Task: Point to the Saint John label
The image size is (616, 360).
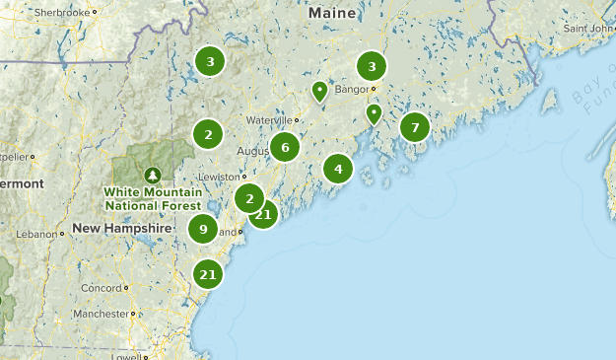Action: [587, 28]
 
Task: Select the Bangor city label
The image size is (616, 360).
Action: [350, 89]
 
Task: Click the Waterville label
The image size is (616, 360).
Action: [270, 119]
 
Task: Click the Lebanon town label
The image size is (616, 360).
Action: [35, 234]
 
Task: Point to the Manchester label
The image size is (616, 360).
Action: [101, 314]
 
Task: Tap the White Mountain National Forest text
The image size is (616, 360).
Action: [153, 197]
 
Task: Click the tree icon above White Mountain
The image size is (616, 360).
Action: [152, 175]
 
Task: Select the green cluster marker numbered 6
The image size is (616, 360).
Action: [285, 148]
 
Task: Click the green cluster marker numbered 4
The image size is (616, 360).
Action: [338, 169]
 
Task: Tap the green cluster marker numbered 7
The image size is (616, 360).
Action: [415, 127]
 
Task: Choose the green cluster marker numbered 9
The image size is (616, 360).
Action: [203, 229]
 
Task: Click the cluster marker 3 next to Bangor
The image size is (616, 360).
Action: [372, 67]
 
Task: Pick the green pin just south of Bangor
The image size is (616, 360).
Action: [374, 113]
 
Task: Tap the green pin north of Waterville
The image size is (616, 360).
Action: [319, 91]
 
